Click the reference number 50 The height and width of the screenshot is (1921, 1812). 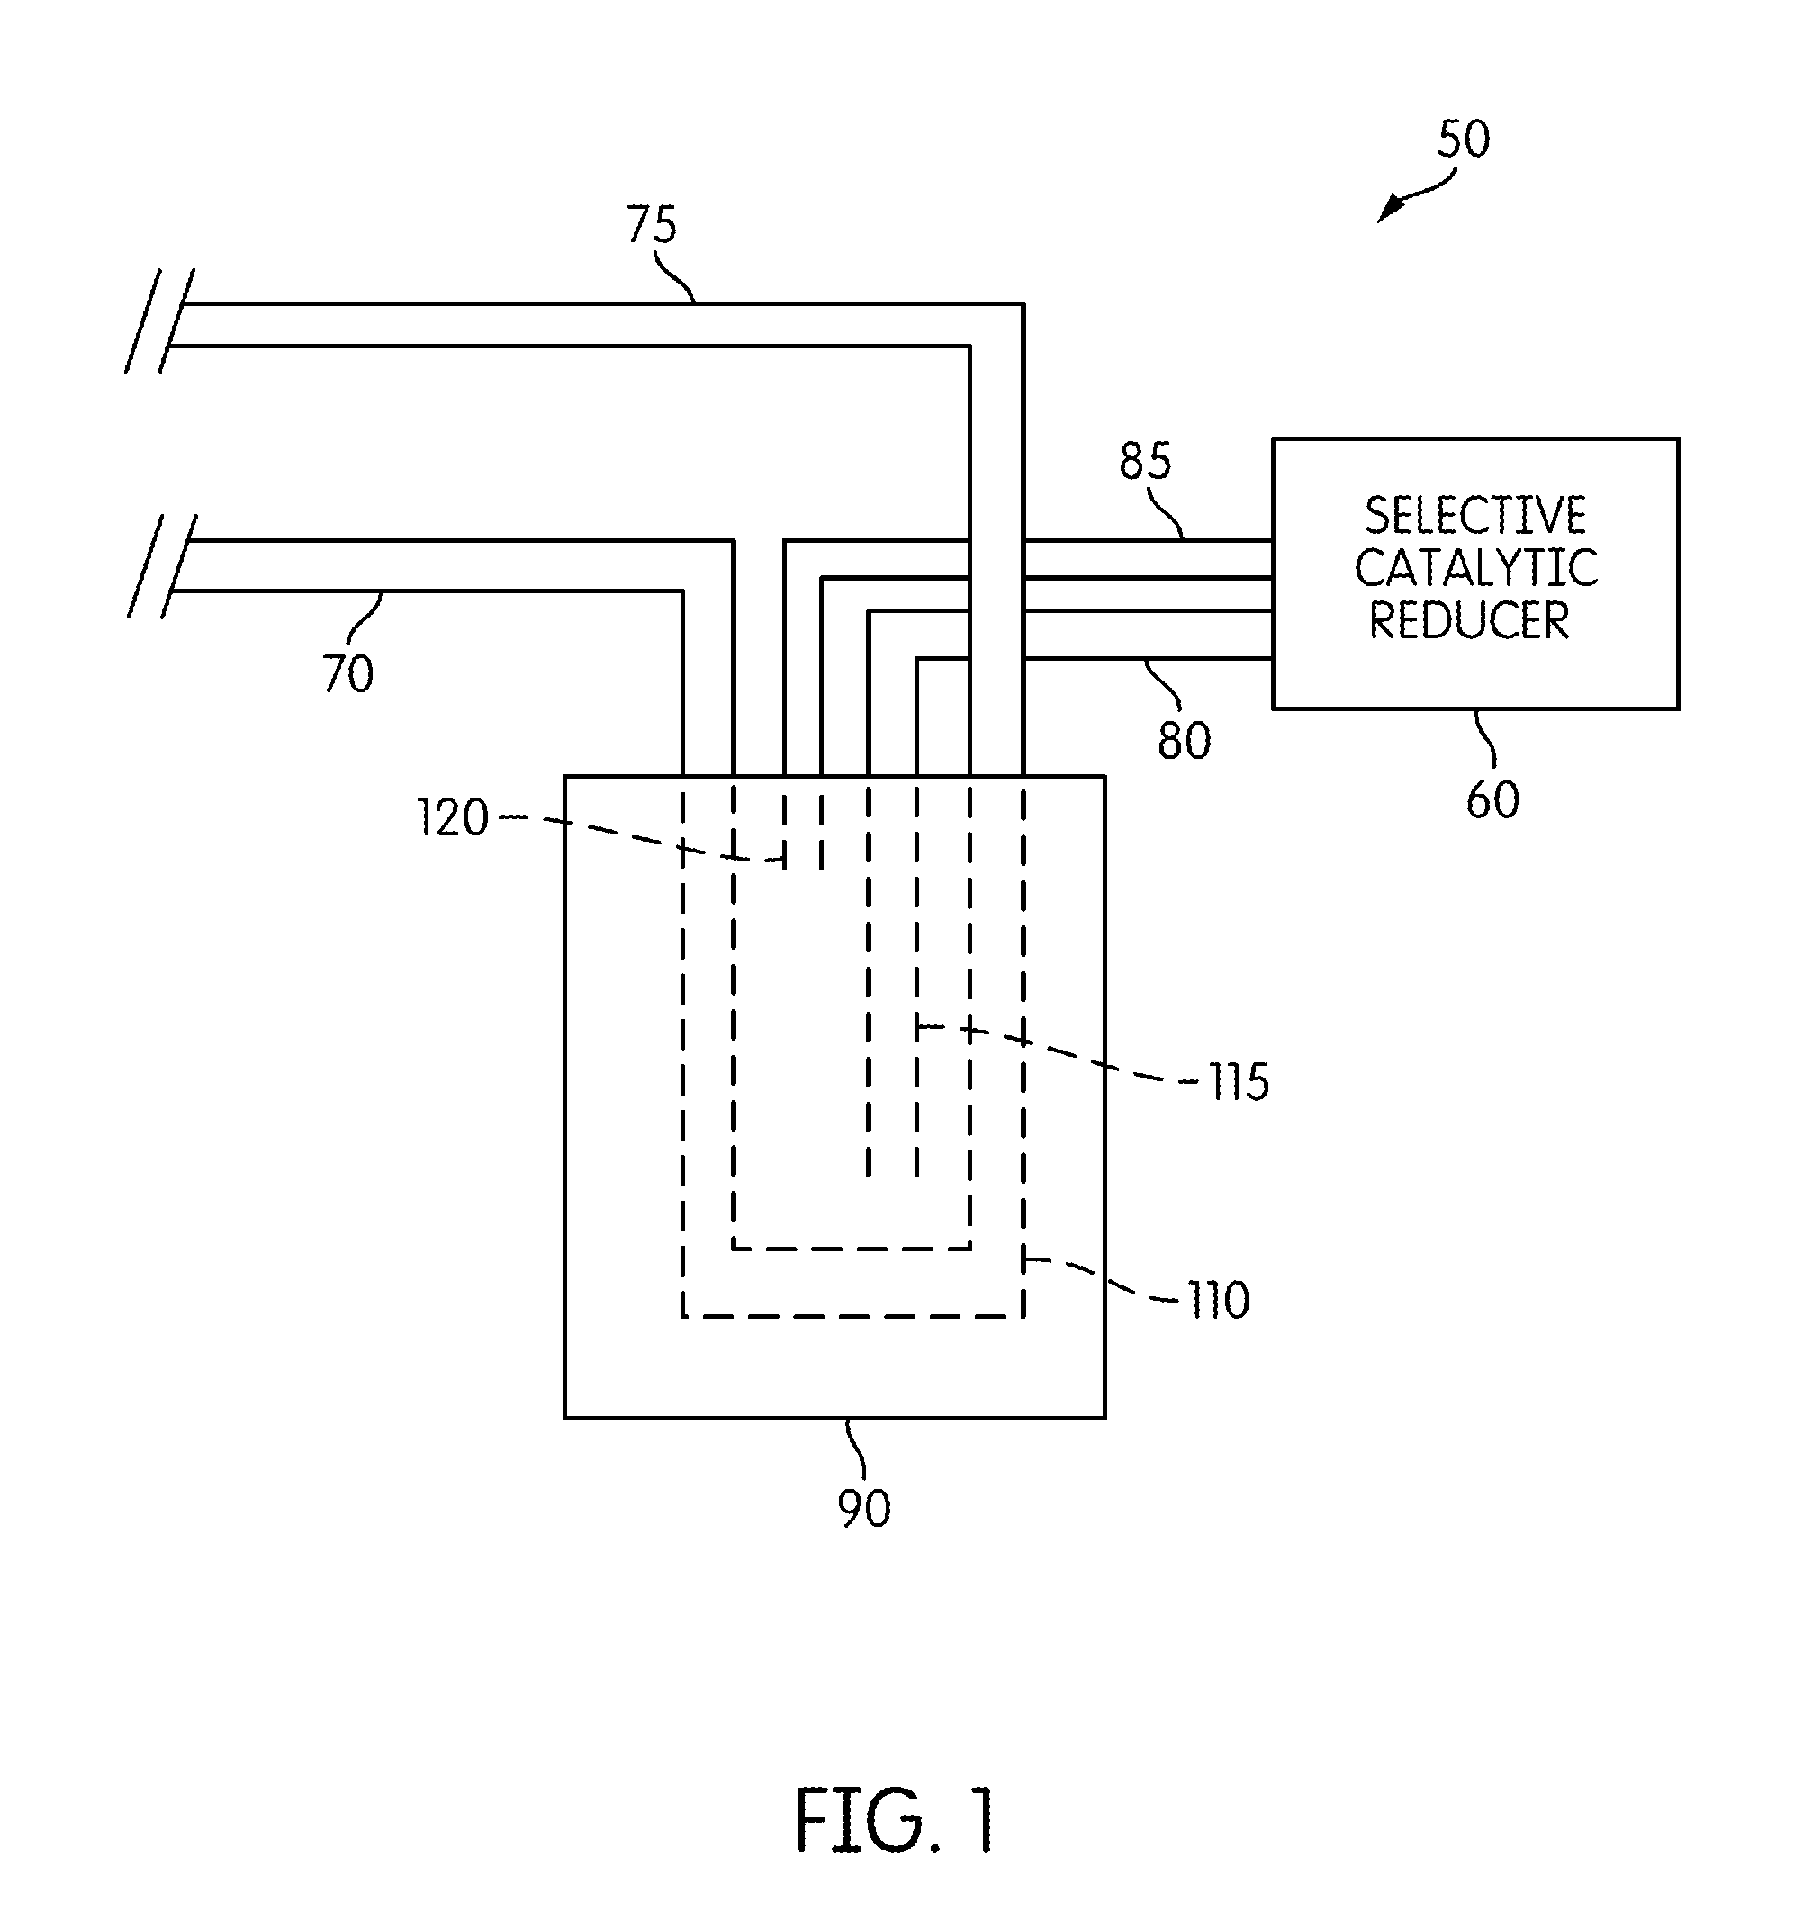1463,140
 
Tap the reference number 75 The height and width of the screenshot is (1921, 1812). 652,225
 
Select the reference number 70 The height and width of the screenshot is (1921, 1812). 347,673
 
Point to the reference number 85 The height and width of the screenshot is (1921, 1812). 1145,461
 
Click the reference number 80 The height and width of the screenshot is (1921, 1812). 1184,741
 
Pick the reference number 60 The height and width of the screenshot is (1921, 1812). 1492,800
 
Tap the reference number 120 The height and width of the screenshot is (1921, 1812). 452,817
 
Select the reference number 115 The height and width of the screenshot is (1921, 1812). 1239,1082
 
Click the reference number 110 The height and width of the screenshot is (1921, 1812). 1220,1301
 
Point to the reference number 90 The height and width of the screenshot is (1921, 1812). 864,1508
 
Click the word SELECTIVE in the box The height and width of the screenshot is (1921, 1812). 1474,515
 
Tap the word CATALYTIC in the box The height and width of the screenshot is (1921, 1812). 1475,567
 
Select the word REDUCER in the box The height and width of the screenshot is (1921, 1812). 1469,619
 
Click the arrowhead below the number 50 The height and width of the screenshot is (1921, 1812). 1390,209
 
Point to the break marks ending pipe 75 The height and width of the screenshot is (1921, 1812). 159,320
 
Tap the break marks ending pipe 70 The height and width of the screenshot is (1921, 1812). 162,566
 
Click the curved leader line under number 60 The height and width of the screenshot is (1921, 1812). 1484,739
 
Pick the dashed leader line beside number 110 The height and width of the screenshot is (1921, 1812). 1102,1278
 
